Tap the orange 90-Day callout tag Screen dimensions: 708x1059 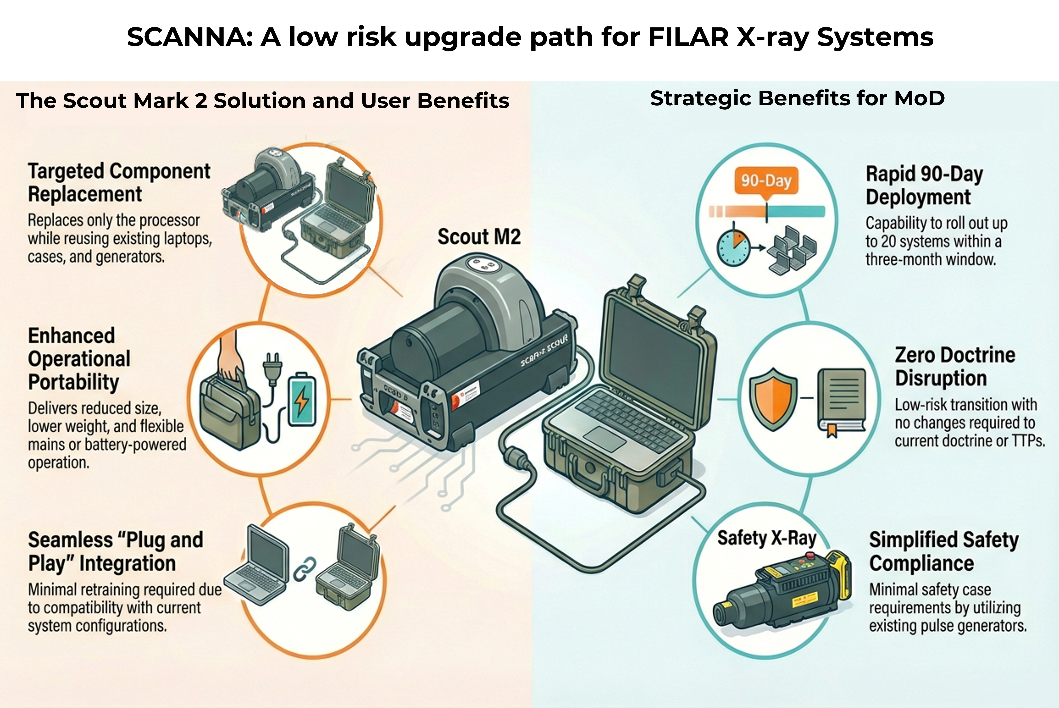[x=766, y=181]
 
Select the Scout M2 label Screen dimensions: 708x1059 [x=479, y=237]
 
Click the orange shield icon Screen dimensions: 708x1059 [x=773, y=399]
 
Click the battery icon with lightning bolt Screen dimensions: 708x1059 [x=302, y=399]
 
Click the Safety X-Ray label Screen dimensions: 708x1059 [x=767, y=538]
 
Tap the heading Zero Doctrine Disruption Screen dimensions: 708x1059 [x=955, y=366]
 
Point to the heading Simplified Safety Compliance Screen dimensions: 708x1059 [x=943, y=551]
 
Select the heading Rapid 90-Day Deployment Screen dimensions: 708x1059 [x=924, y=185]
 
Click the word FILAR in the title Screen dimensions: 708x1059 [x=688, y=37]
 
